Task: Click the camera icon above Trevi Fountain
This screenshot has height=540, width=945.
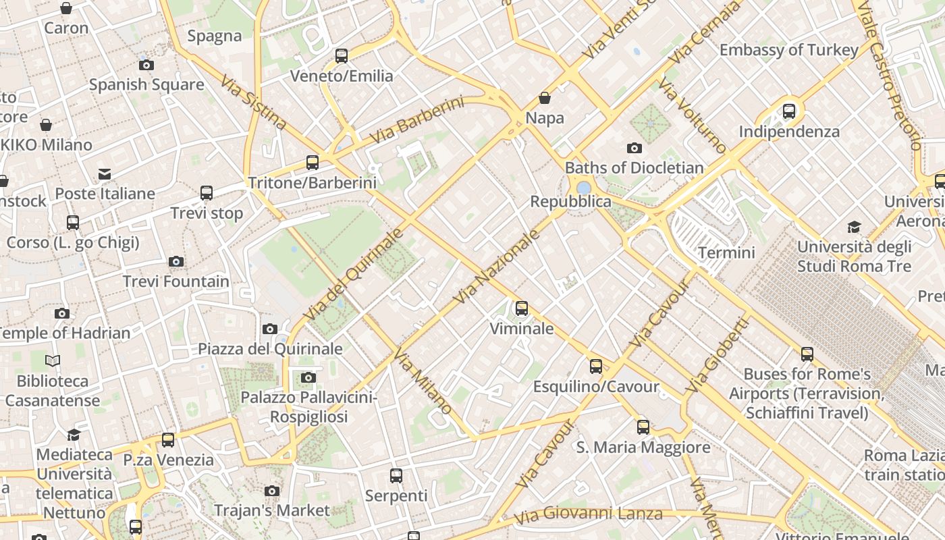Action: click(176, 261)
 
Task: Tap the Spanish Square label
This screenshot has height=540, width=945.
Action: click(146, 85)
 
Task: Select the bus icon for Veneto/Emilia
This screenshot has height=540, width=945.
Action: click(342, 55)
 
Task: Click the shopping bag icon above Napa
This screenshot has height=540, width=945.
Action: click(545, 98)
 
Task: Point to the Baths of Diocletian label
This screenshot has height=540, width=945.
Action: click(634, 167)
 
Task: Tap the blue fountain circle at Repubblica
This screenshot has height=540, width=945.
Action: click(584, 187)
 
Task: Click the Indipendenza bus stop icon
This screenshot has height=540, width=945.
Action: click(789, 111)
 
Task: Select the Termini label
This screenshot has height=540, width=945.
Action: click(726, 253)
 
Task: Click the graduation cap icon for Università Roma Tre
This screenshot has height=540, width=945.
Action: click(855, 227)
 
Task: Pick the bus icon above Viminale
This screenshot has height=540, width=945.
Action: click(522, 308)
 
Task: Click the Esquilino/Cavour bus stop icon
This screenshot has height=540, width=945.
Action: click(596, 367)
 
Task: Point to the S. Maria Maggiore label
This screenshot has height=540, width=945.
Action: click(643, 448)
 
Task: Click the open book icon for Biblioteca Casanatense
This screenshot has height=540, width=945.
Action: click(53, 361)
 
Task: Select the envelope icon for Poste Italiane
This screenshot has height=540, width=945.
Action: click(105, 174)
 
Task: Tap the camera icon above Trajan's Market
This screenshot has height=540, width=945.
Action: click(272, 491)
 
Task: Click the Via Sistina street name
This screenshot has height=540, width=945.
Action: click(254, 103)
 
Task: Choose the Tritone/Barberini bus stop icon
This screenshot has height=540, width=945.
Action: click(312, 162)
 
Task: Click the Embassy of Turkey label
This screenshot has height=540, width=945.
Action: click(788, 50)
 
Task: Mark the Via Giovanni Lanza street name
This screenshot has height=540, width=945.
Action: click(588, 514)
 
